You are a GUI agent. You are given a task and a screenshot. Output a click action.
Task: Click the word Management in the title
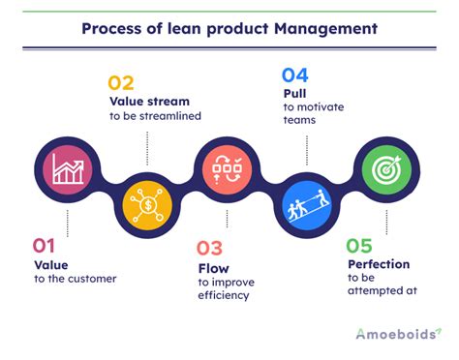pyautogui.click(x=325, y=29)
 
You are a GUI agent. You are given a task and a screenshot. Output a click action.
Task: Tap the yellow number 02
pyautogui.click(x=121, y=83)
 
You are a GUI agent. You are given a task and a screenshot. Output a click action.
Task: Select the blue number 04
pyautogui.click(x=295, y=75)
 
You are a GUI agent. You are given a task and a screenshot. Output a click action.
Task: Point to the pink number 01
pyautogui.click(x=44, y=246)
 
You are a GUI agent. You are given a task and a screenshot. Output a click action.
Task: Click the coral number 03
pyautogui.click(x=209, y=248)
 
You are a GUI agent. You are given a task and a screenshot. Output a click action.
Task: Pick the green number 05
pyautogui.click(x=359, y=246)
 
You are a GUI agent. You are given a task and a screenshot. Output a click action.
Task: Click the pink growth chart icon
pyautogui.click(x=68, y=169)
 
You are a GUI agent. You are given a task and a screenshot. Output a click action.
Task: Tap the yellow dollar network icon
pyautogui.click(x=147, y=205)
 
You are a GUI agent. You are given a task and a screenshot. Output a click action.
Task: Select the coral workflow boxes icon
pyautogui.click(x=228, y=169)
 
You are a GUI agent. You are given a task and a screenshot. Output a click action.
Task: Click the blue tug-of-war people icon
pyautogui.click(x=307, y=205)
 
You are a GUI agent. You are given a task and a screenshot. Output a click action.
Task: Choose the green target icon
pyautogui.click(x=386, y=169)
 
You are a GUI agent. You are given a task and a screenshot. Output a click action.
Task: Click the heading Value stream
pyautogui.click(x=149, y=102)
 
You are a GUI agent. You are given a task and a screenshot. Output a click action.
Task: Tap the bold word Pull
pyautogui.click(x=294, y=94)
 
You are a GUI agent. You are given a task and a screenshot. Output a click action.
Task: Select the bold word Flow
pyautogui.click(x=214, y=268)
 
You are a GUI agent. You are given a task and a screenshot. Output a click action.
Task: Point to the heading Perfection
pyautogui.click(x=379, y=264)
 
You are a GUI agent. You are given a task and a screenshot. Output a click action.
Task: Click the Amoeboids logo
pyautogui.click(x=399, y=334)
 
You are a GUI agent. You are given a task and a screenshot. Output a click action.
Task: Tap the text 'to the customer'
pyautogui.click(x=76, y=279)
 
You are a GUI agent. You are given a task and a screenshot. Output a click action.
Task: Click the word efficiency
pyautogui.click(x=224, y=295)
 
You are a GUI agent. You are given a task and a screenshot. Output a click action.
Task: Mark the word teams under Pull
pyautogui.click(x=299, y=120)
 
